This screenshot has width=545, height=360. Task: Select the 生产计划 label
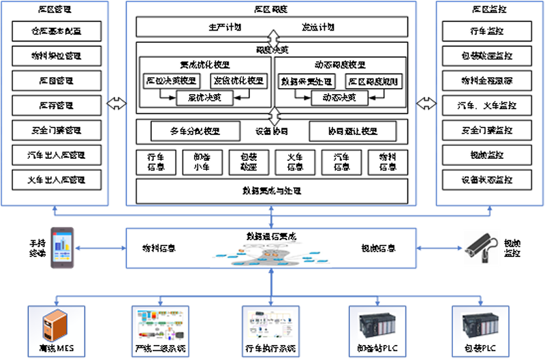224,27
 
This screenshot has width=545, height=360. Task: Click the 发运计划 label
318,27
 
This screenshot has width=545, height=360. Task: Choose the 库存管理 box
57,106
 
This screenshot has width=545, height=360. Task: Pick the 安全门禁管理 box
57,130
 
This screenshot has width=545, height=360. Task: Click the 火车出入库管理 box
57,180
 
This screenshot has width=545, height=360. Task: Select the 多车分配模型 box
195,131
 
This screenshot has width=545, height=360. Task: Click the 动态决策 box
339,98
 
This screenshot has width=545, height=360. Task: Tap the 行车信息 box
156,162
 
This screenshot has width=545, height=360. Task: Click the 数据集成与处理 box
272,190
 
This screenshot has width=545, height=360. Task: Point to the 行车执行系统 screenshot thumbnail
270,323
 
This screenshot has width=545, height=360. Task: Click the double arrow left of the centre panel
117,104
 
